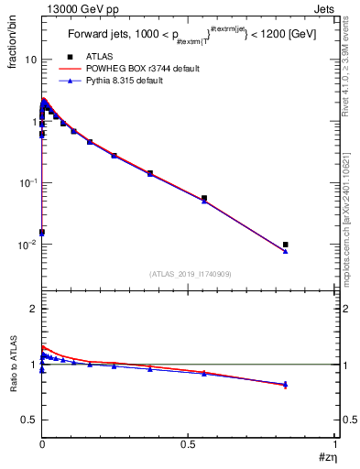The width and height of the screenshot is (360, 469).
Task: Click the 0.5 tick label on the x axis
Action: coord(189,444)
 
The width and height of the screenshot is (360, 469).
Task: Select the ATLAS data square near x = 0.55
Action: coord(204,198)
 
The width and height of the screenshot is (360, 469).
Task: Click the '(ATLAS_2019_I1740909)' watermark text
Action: coord(189,274)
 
